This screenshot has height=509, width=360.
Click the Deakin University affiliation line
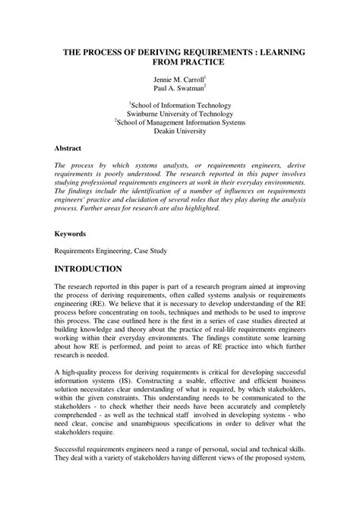tap(180, 130)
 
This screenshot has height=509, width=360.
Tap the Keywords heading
tap(71, 234)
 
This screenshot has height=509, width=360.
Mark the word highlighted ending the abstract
tap(201, 208)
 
